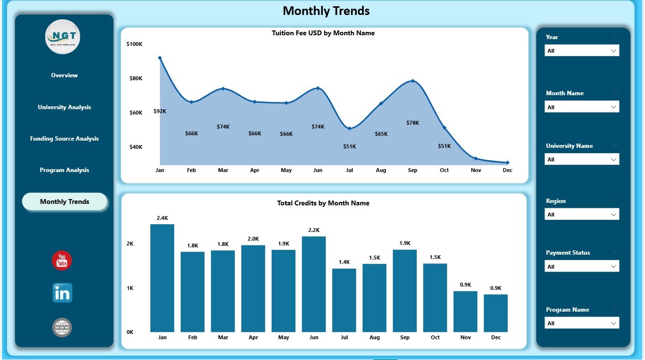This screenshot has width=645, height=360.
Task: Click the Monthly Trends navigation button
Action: pyautogui.click(x=64, y=202)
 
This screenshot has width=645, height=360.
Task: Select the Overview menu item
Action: pyautogui.click(x=64, y=75)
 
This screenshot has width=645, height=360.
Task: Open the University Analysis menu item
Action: pyautogui.click(x=64, y=107)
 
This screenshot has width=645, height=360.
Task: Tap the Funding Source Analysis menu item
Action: pyautogui.click(x=64, y=139)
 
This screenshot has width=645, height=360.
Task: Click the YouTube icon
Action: pyautogui.click(x=62, y=261)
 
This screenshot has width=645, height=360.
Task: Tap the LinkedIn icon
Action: pyautogui.click(x=62, y=293)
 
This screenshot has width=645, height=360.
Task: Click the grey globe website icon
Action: pyautogui.click(x=62, y=328)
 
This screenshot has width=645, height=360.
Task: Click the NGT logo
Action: pyautogui.click(x=63, y=37)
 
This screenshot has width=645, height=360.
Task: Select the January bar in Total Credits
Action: pyautogui.click(x=162, y=278)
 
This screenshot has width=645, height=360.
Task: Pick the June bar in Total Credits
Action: pyautogui.click(x=314, y=284)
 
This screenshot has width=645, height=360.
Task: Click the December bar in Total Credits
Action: pyautogui.click(x=496, y=313)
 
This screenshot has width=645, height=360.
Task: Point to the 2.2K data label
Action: pyautogui.click(x=314, y=230)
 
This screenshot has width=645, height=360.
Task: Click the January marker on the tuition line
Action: pyautogui.click(x=160, y=58)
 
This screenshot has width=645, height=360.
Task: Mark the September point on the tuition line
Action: pyautogui.click(x=412, y=81)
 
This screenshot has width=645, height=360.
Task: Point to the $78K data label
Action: pyautogui.click(x=412, y=123)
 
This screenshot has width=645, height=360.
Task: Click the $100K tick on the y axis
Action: pyautogui.click(x=134, y=44)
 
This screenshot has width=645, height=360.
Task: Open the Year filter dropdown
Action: pyautogui.click(x=582, y=51)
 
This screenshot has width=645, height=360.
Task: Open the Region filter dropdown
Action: pyautogui.click(x=582, y=215)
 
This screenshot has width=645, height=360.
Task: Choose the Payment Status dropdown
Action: pyautogui.click(x=582, y=266)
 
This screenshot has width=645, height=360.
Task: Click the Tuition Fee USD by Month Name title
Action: pyautogui.click(x=323, y=33)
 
